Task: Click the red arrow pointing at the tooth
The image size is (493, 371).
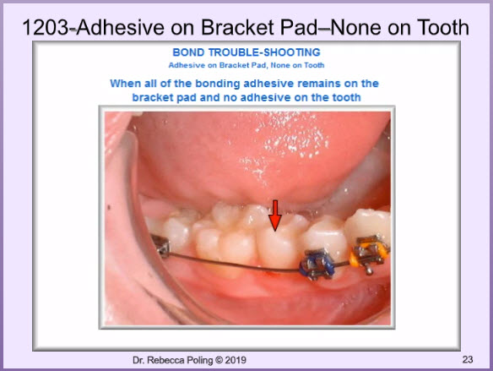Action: (x=275, y=216)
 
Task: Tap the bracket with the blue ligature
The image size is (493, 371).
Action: (x=317, y=264)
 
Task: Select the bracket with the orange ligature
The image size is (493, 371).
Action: (x=369, y=254)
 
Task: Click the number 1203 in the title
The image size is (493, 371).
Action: (x=46, y=27)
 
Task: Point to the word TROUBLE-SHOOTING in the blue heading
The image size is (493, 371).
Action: (x=264, y=52)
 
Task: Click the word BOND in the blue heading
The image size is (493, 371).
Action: (x=188, y=52)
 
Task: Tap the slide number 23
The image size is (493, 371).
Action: (x=468, y=359)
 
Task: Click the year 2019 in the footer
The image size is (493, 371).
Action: (x=236, y=360)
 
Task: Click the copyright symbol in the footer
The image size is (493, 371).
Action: (x=219, y=360)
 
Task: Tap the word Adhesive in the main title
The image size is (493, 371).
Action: (x=120, y=27)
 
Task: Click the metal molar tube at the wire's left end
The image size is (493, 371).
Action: (x=161, y=246)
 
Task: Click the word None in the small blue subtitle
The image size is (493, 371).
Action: (x=280, y=65)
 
